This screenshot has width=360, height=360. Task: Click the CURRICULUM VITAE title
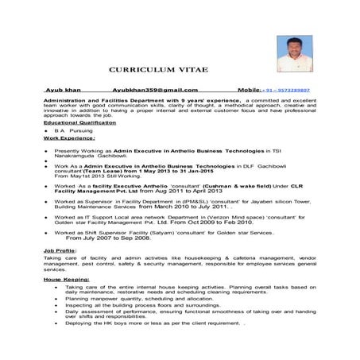(158, 70)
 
